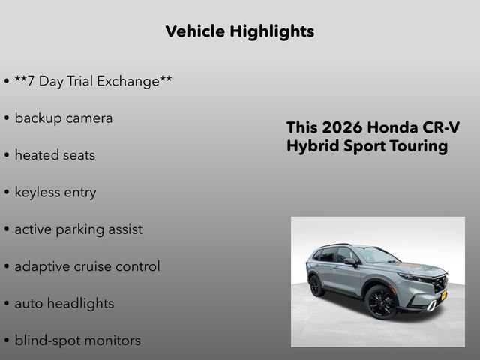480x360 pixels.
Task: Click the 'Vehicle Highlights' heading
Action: point(239,31)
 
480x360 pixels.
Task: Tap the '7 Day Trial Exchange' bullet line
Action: point(93,81)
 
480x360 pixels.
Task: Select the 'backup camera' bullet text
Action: point(64,118)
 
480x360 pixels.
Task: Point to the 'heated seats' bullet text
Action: point(55,155)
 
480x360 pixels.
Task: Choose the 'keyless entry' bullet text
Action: point(55,193)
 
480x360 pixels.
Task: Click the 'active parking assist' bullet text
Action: point(78,229)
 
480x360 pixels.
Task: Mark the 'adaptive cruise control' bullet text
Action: point(87,266)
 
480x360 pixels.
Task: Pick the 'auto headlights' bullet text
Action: point(64,304)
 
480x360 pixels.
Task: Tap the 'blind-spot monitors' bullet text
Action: point(77,340)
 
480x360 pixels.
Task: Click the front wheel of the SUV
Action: point(382,302)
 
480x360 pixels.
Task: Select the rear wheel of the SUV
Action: point(316,286)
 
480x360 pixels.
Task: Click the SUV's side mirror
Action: point(350,262)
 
